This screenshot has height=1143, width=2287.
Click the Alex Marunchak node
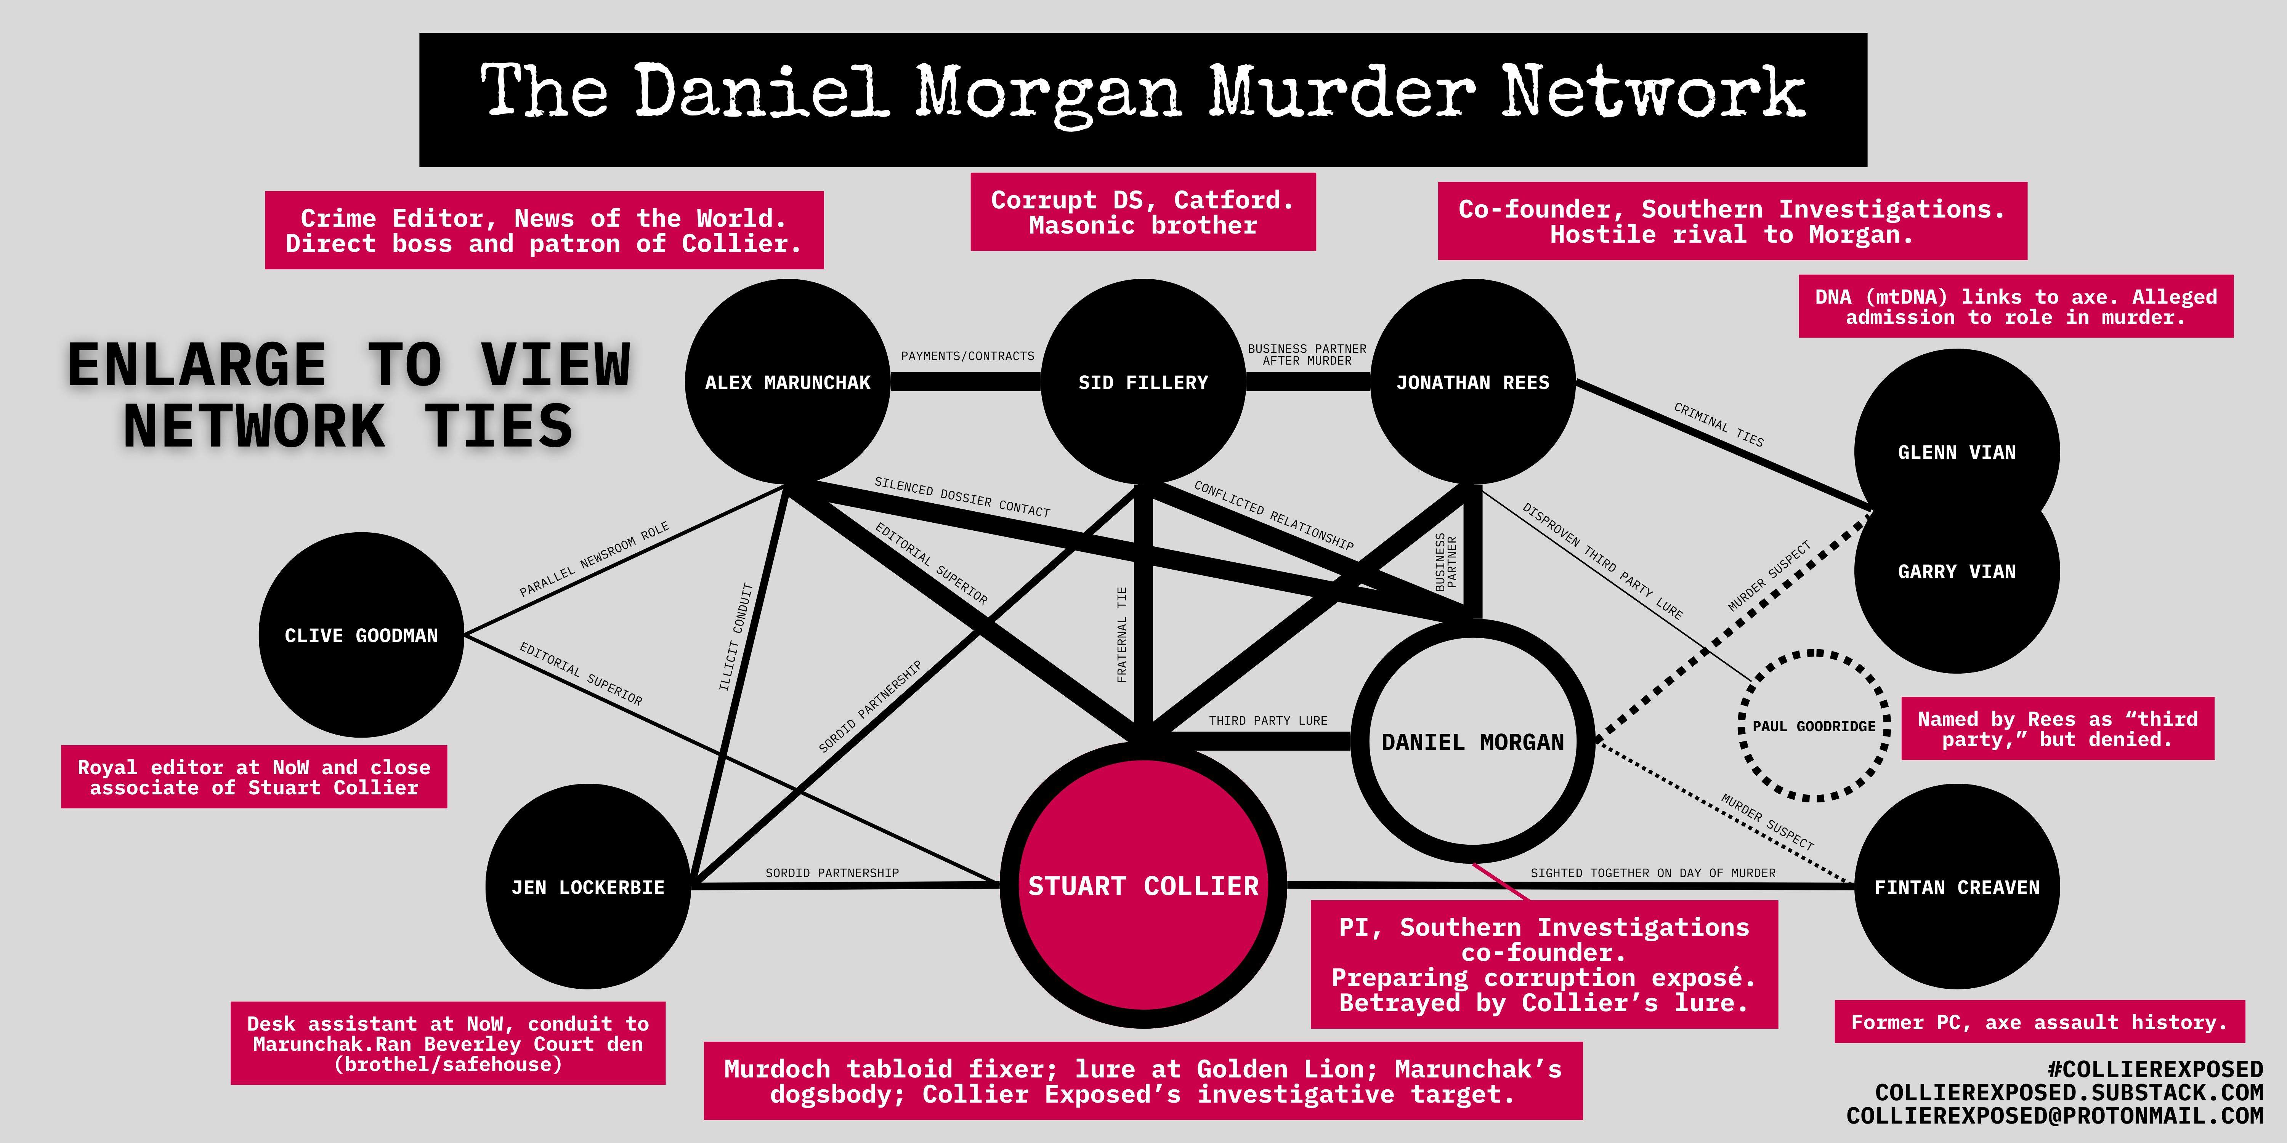coord(787,383)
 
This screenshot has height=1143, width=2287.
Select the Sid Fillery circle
coord(1143,383)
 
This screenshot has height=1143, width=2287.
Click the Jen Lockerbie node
coord(588,887)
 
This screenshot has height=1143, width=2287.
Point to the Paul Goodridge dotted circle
coord(1814,726)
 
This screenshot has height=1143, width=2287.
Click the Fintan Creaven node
coord(1957,887)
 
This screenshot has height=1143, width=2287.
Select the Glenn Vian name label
coord(1957,453)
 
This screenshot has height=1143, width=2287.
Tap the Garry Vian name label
coord(1957,571)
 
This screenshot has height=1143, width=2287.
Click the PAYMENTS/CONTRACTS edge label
coord(968,356)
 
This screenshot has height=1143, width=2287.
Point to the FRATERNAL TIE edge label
coord(1121,634)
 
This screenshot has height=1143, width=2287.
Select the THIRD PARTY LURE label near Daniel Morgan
coord(1268,720)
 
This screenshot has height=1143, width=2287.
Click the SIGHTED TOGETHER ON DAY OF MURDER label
coord(1653,873)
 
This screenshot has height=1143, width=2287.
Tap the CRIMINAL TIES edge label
coord(1719,424)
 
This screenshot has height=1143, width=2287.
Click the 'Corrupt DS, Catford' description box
coord(1143,212)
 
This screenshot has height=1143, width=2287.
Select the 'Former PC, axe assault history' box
coord(2039,1022)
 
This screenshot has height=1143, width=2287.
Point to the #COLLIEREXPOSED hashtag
coord(2155,1069)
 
